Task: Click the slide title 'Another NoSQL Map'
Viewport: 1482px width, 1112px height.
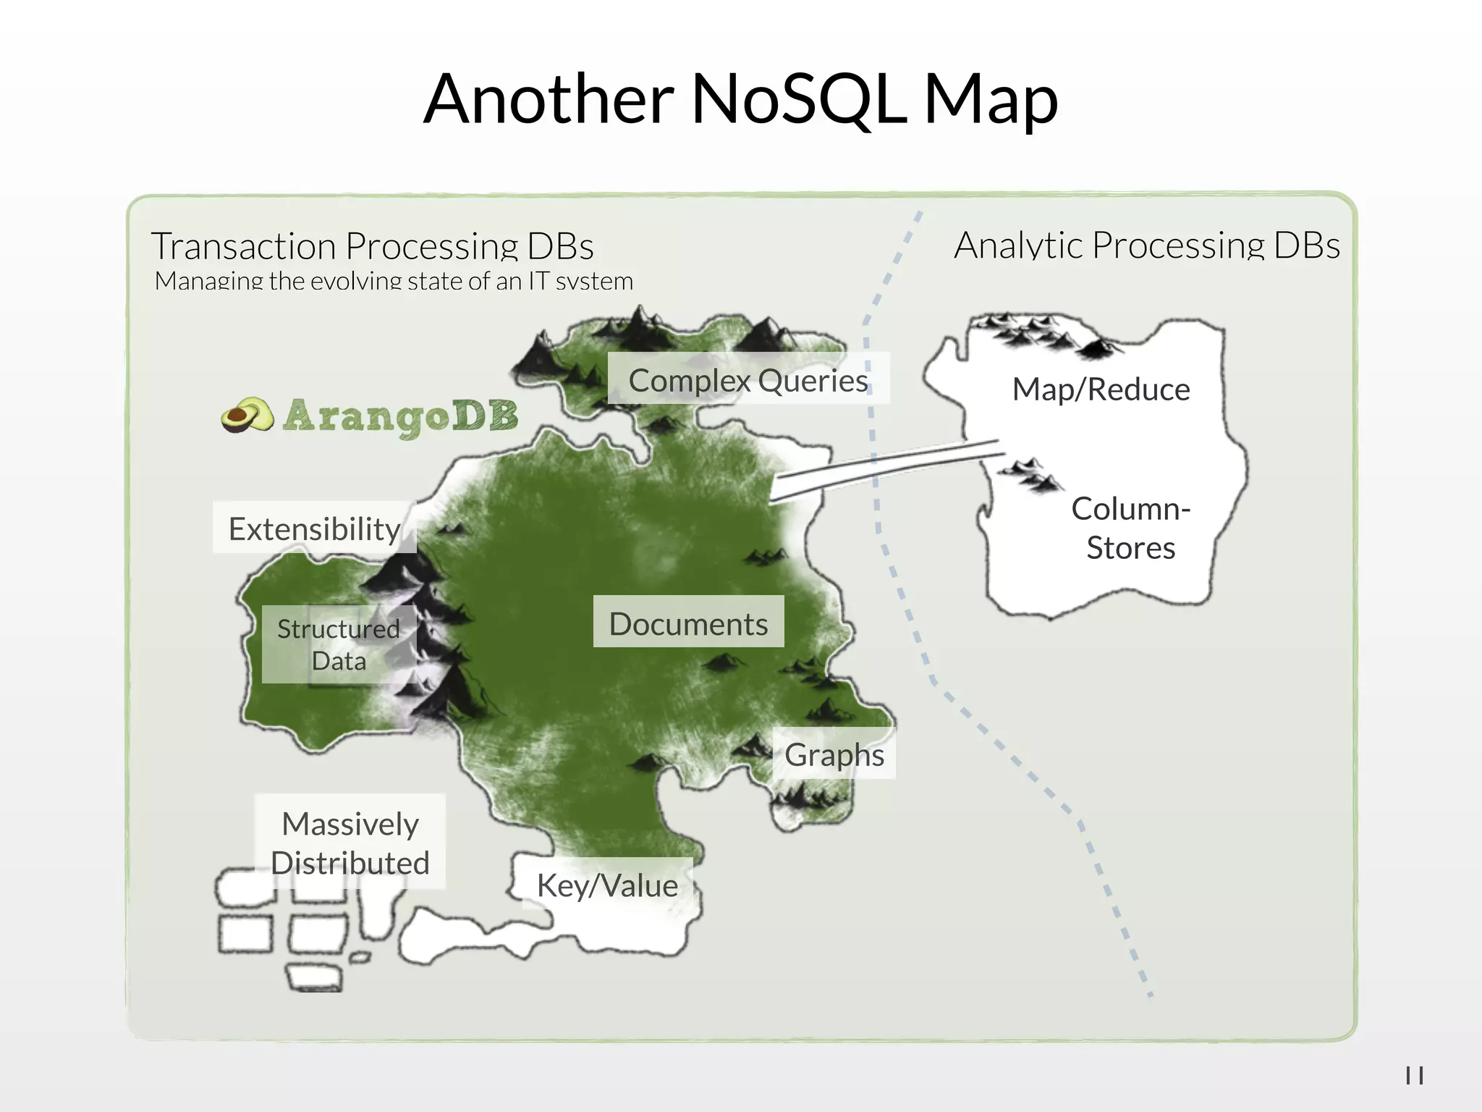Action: (x=740, y=100)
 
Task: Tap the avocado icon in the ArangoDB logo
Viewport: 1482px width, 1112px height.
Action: (x=247, y=416)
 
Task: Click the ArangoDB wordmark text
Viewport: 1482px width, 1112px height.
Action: (x=401, y=417)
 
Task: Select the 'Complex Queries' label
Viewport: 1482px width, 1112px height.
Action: (x=748, y=380)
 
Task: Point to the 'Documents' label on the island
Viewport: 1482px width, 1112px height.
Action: (x=688, y=623)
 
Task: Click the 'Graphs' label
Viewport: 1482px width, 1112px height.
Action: (x=834, y=754)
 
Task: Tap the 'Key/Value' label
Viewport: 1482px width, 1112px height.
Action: (x=607, y=885)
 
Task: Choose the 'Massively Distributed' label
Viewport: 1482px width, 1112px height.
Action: (x=350, y=843)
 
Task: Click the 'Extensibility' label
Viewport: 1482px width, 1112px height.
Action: (x=314, y=528)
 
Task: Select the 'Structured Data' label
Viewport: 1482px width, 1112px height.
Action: (x=339, y=644)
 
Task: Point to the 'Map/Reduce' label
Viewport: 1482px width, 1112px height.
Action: (x=1101, y=389)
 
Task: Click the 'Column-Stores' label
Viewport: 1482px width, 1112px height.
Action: (x=1130, y=528)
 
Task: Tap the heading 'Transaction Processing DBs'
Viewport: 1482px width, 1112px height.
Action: (x=372, y=246)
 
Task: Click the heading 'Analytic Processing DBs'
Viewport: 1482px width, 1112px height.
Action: (x=1147, y=245)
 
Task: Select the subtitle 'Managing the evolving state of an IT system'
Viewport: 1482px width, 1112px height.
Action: (x=394, y=281)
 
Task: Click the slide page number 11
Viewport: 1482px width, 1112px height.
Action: (x=1415, y=1076)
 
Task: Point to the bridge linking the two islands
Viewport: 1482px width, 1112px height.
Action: (x=886, y=470)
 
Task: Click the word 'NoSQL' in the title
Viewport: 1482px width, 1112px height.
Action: (x=798, y=100)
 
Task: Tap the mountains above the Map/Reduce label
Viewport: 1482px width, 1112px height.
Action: (x=1042, y=333)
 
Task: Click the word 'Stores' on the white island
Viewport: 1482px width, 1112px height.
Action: (x=1130, y=548)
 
